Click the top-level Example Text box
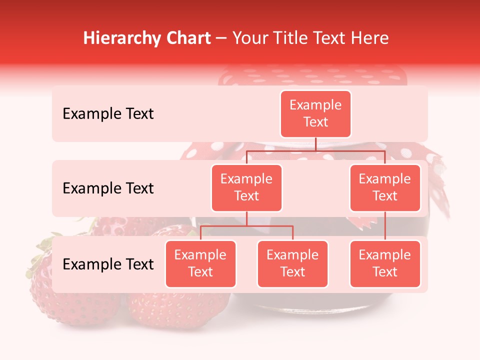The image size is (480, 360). (315, 114)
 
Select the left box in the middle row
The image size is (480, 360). (246, 188)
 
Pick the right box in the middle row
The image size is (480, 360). (384, 188)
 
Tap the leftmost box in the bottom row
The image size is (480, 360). (200, 264)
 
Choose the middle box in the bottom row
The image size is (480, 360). (292, 264)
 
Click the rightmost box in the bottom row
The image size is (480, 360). (384, 264)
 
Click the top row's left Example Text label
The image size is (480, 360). (108, 114)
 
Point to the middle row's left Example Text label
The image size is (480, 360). (108, 188)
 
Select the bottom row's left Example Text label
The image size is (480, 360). (108, 264)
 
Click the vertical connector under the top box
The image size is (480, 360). (315, 144)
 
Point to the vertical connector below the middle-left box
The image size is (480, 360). (246, 219)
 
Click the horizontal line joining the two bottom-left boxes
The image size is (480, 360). (246, 226)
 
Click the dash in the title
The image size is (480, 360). (221, 39)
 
